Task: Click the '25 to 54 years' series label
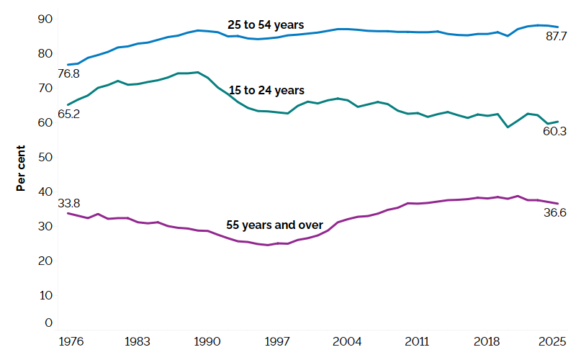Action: click(266, 24)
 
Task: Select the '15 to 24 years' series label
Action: click(266, 90)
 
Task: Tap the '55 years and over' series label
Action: click(274, 225)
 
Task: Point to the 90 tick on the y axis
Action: click(45, 18)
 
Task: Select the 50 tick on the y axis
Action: click(45, 157)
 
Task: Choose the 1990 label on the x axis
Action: click(207, 341)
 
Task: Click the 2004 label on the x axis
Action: click(348, 341)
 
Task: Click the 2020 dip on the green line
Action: click(508, 127)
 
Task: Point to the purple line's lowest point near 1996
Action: click(267, 245)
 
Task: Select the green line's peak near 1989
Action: click(198, 72)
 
